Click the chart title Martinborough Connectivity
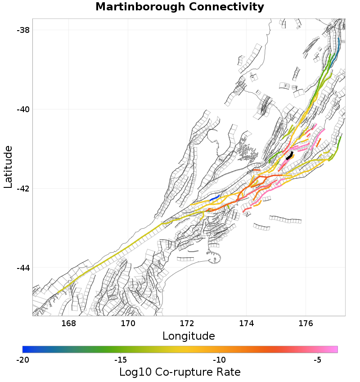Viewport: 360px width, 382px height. pos(180,7)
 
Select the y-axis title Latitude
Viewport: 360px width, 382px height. pos(8,167)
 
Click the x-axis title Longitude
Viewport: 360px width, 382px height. pos(189,336)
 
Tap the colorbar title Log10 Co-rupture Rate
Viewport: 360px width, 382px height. pos(180,372)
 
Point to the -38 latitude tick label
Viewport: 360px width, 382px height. pos(22,30)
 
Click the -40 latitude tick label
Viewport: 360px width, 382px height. pos(22,109)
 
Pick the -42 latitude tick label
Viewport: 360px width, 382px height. pos(22,188)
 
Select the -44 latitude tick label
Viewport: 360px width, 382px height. pos(22,268)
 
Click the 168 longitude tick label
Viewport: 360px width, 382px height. pos(68,323)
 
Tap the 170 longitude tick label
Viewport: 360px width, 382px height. pos(128,323)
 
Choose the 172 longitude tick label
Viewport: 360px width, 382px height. pos(187,323)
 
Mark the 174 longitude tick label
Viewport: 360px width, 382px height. pos(247,323)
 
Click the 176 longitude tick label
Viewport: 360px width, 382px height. pos(306,323)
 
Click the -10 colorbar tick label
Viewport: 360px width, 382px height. pos(219,360)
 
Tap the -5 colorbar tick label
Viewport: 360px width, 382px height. pos(317,360)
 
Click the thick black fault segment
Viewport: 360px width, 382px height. pos(290,156)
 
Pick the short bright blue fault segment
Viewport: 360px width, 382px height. pos(214,198)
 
